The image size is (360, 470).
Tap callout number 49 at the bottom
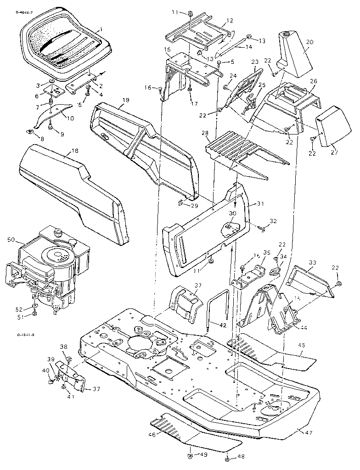(x=203, y=454)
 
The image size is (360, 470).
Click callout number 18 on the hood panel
(x=75, y=151)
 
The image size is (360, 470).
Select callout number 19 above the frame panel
(x=126, y=100)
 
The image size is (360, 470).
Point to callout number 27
(x=334, y=152)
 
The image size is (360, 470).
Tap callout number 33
(x=312, y=263)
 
